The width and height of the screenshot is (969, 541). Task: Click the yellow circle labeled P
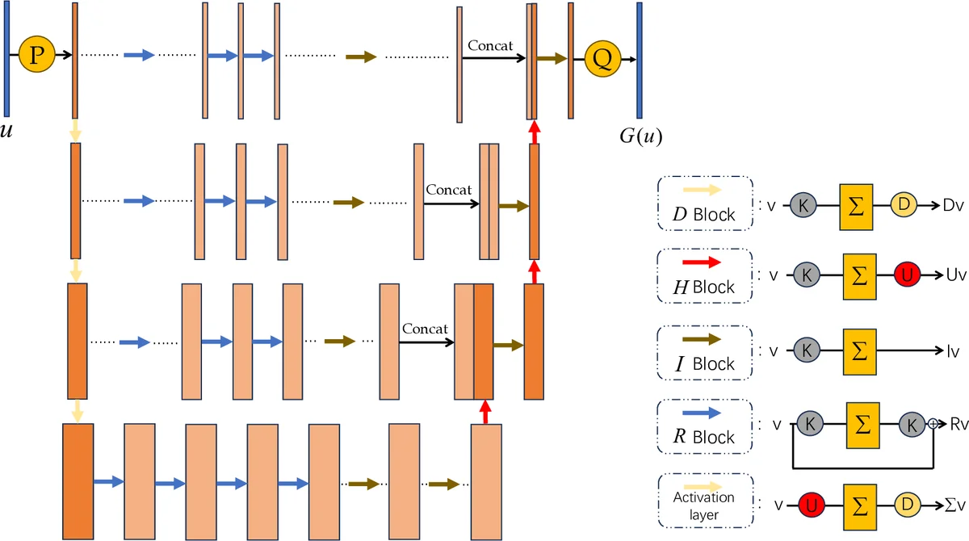[x=35, y=55]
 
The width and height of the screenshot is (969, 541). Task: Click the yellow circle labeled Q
[x=602, y=59]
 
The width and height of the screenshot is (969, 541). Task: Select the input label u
[x=6, y=130]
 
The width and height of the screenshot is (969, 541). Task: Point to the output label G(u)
[x=640, y=136]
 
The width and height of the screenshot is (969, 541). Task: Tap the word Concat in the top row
[x=490, y=46]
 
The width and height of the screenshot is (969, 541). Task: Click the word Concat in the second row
[x=449, y=190]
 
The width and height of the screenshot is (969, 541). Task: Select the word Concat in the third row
[x=425, y=329]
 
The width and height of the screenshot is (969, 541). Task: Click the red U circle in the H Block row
[x=906, y=275]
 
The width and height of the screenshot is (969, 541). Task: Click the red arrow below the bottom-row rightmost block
[x=484, y=413]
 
